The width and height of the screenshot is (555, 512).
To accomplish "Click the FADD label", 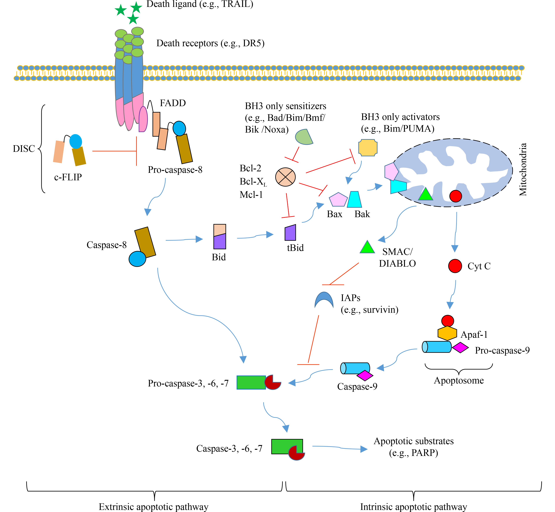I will [173, 103].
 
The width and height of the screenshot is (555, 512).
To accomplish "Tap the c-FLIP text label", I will [68, 177].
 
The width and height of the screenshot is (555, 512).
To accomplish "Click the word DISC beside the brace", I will [24, 149].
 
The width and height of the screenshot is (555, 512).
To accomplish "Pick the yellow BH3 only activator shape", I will [368, 148].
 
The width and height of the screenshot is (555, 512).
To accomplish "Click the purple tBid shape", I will [290, 233].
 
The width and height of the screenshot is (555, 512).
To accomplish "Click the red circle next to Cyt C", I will [455, 266].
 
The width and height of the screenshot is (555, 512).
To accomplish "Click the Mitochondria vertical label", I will [523, 170].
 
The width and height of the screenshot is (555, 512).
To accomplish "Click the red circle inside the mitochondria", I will [456, 196].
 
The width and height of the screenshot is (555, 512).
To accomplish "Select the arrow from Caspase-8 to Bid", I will [184, 240].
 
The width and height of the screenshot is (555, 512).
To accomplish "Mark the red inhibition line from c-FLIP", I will [114, 151].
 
